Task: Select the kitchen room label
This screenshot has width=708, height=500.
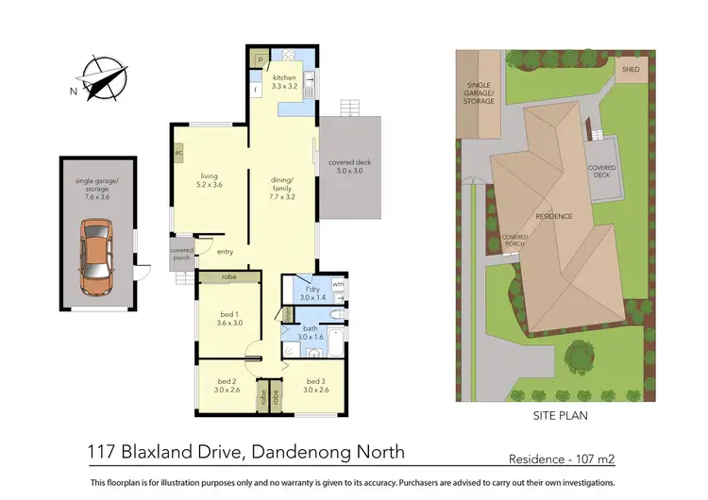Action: (x=285, y=81)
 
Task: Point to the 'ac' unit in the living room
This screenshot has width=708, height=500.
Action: (x=178, y=152)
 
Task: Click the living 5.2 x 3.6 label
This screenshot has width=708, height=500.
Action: (x=210, y=180)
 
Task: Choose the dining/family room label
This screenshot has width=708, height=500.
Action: (x=283, y=185)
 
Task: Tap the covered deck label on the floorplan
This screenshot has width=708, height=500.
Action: (x=349, y=167)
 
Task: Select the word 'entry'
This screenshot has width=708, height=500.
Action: (x=225, y=252)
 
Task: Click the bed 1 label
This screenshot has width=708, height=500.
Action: (x=228, y=316)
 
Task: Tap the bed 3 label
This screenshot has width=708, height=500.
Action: (x=314, y=386)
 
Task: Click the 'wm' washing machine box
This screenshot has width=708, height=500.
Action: (x=338, y=283)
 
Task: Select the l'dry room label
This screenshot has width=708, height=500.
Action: (x=312, y=292)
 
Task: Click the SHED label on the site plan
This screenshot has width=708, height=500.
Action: (x=630, y=69)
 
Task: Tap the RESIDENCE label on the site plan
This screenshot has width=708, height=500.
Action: (x=553, y=216)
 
